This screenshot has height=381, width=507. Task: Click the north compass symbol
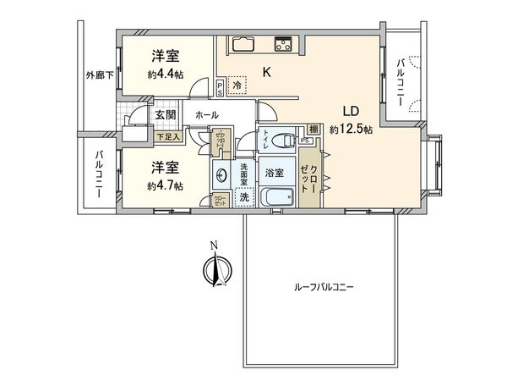point(215,269)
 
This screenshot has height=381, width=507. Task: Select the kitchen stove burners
point(282,45)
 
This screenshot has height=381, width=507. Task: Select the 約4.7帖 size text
point(165,185)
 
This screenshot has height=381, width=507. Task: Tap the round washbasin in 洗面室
point(222,176)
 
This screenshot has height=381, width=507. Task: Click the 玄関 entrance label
point(164,115)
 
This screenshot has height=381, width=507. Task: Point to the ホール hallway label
point(207,115)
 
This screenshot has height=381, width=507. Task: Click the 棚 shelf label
point(313,129)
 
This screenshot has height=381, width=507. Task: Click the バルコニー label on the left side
point(99,174)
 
